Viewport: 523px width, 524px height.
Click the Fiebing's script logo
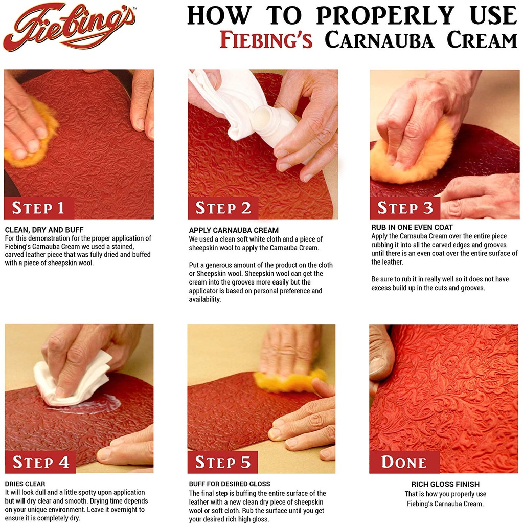(69, 27)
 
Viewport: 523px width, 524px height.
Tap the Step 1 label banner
(39, 208)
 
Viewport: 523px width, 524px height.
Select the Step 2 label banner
(223, 208)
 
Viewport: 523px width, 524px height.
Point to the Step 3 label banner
(405, 208)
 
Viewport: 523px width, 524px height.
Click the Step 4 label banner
(40, 462)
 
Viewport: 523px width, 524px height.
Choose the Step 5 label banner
(223, 462)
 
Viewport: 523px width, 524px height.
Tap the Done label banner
(404, 462)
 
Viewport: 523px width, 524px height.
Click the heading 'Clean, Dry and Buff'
(44, 230)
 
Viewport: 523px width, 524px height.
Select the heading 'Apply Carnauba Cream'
(234, 230)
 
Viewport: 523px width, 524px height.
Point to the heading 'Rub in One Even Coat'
(412, 227)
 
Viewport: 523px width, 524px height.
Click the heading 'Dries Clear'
(25, 484)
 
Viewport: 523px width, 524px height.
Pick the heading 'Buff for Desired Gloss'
(230, 484)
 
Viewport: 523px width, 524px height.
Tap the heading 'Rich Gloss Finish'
(445, 484)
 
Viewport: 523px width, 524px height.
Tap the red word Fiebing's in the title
(266, 40)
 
